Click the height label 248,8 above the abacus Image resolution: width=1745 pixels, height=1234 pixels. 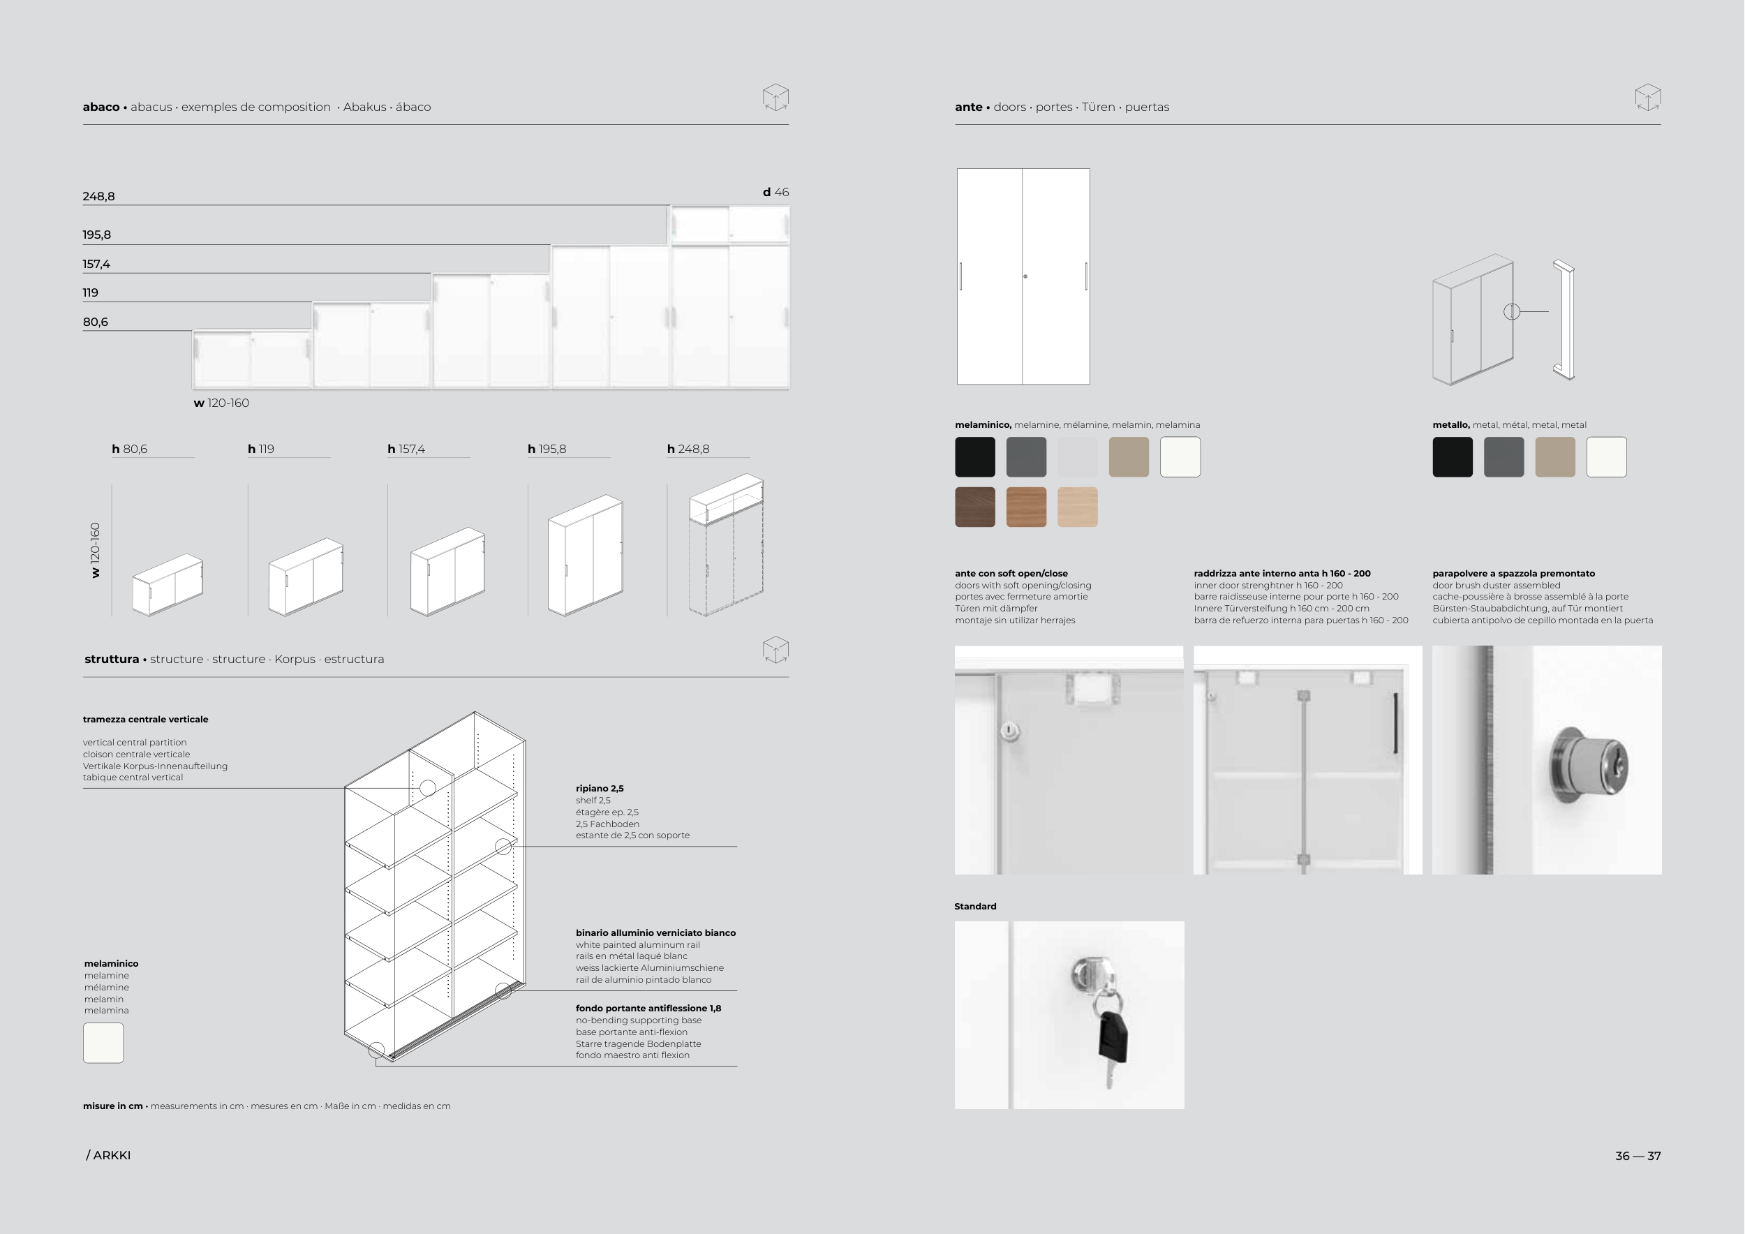point(99,196)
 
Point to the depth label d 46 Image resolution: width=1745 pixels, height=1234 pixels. point(776,192)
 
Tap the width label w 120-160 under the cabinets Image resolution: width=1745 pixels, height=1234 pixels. point(221,403)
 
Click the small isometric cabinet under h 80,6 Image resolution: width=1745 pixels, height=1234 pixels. point(168,584)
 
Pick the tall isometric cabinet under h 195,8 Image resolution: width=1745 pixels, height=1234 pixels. point(585,555)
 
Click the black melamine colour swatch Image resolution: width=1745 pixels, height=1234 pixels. point(975,456)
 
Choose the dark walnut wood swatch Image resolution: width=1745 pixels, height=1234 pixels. point(975,507)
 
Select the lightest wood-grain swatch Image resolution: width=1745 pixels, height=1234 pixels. point(1078,507)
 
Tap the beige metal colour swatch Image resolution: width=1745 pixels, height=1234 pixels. point(1555,456)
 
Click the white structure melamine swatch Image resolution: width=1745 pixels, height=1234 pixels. point(103,1043)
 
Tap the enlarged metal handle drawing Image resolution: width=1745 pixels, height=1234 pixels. point(1564,320)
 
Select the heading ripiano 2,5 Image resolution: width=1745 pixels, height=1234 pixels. point(600,789)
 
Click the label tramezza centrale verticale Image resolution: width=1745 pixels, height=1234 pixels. point(145,720)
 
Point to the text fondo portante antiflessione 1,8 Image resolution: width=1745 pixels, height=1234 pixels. point(648,1009)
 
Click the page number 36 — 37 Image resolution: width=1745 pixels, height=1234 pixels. point(1638,1156)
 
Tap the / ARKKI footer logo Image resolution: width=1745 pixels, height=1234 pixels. point(108,1155)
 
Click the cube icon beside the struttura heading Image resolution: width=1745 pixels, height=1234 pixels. point(775,650)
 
